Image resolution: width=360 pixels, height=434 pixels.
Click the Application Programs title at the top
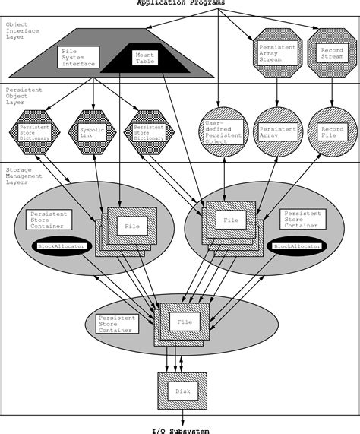(x=180, y=3)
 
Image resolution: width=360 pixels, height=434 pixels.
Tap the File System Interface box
(x=78, y=57)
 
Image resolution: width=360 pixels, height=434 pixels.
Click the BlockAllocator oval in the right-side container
(x=298, y=246)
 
